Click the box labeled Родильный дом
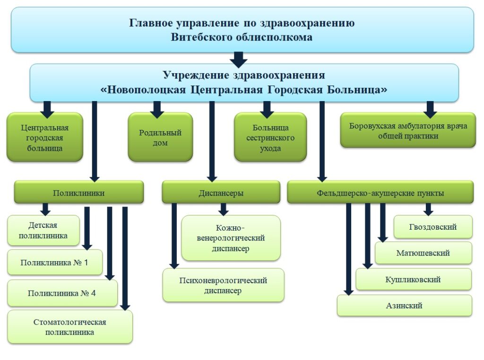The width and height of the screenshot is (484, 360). [160, 137]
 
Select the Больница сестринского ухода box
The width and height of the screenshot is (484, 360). [270, 137]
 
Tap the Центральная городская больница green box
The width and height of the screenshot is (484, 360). [45, 137]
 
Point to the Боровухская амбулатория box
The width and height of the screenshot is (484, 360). [408, 130]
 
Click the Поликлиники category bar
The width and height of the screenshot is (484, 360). [79, 192]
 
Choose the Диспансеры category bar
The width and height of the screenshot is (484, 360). [221, 192]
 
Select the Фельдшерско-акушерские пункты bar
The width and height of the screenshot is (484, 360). [380, 192]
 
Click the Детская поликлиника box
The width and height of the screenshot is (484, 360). [43, 230]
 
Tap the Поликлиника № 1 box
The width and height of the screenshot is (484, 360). [55, 262]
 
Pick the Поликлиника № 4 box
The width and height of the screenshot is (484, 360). [62, 293]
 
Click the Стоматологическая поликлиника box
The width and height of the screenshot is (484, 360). [70, 326]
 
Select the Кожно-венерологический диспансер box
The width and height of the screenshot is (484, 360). [231, 238]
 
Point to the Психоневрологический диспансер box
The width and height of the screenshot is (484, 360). [223, 285]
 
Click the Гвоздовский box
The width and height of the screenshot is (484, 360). [433, 227]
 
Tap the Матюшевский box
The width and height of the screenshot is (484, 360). [423, 253]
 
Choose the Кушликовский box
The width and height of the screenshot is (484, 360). [413, 280]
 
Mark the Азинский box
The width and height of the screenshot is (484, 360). [405, 306]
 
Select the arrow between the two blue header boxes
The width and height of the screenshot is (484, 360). [239, 60]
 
